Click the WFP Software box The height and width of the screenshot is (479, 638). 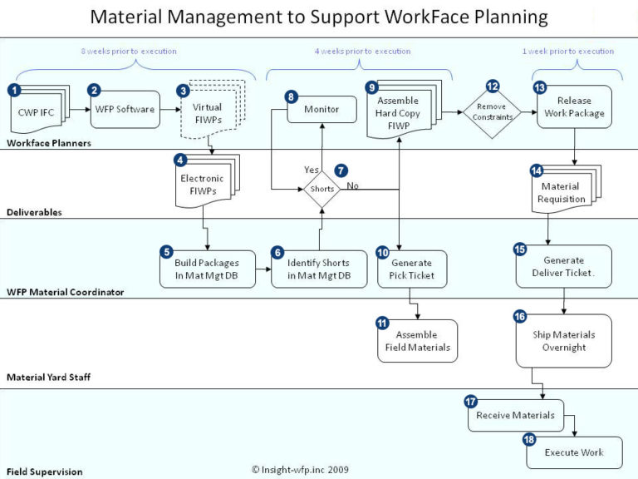[x=125, y=109]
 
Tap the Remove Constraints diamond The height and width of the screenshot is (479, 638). [x=493, y=113]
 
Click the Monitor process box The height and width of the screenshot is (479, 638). [x=321, y=109]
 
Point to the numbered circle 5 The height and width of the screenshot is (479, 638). [x=167, y=251]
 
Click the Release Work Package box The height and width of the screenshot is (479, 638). [x=574, y=107]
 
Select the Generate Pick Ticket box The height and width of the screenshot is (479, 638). [x=411, y=269]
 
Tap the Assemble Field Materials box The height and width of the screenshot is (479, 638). [x=417, y=340]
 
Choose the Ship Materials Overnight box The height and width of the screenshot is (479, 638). [x=564, y=340]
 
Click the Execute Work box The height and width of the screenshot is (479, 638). [x=574, y=452]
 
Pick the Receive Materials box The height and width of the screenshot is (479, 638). [x=516, y=415]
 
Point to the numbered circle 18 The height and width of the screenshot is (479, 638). [x=529, y=439]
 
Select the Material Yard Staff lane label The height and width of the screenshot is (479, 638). [x=48, y=378]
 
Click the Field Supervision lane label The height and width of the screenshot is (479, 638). [x=45, y=472]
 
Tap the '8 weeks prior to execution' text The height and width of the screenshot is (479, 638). [x=129, y=52]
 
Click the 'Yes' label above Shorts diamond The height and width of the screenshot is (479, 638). [x=312, y=170]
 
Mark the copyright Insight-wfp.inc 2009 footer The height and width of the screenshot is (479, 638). [x=300, y=470]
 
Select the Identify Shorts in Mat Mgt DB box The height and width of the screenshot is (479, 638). [x=319, y=269]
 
